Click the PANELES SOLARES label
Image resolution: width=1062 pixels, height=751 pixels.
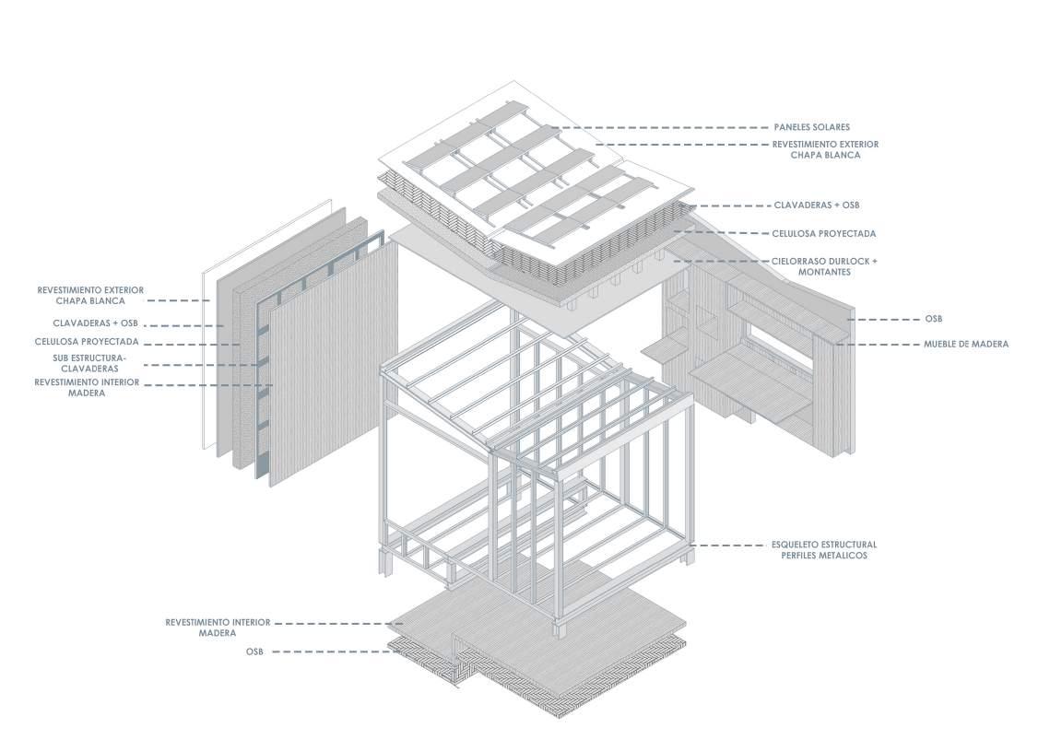[811, 127]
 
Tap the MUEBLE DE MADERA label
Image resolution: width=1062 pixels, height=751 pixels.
[966, 344]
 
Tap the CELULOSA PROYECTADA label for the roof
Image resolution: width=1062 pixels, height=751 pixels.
[823, 233]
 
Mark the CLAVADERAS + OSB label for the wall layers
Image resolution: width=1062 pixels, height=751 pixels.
[94, 323]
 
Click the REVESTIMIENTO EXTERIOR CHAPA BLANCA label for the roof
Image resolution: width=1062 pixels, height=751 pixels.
[824, 149]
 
